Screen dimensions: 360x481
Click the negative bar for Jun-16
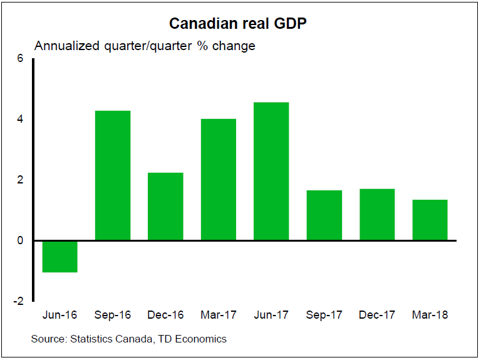click(x=59, y=256)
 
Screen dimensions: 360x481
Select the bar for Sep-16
click(x=112, y=175)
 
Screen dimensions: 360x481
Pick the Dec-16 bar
click(x=165, y=207)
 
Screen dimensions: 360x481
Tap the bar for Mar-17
click(x=218, y=180)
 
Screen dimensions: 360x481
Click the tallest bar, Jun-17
click(x=271, y=172)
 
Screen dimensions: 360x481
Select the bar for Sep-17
click(x=324, y=215)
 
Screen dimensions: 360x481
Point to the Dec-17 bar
click(x=377, y=215)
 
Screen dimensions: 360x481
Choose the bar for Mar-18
click(x=430, y=220)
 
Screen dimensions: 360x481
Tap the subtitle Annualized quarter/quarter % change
click(x=145, y=46)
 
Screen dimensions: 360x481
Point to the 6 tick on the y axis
click(x=20, y=59)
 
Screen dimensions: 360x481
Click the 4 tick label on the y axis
click(x=20, y=119)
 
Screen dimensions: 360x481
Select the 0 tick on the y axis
click(x=20, y=240)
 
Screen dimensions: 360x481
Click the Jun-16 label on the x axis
click(x=59, y=314)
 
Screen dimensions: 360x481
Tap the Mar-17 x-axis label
click(x=218, y=314)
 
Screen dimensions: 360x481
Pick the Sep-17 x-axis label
click(x=324, y=314)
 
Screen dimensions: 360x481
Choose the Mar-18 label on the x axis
click(x=430, y=314)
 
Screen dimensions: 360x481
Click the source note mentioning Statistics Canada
click(x=129, y=339)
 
